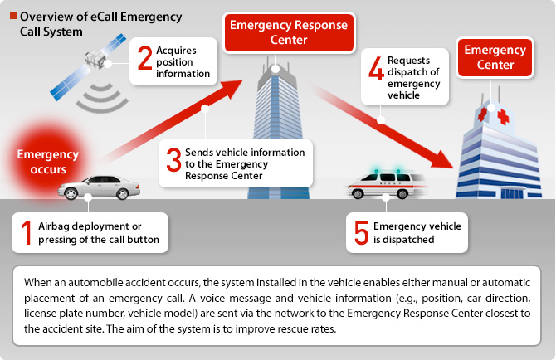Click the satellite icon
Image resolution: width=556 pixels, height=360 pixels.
click(88, 66)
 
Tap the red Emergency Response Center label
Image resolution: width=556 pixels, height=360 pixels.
click(289, 32)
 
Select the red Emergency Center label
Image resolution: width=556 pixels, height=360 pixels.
click(495, 57)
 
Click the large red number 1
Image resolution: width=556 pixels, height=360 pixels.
click(27, 232)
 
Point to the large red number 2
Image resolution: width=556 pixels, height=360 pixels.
click(144, 57)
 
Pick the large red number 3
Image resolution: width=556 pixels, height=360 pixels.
click(173, 159)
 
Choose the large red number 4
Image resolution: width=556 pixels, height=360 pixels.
click(376, 68)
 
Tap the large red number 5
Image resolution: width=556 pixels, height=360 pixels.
click(362, 232)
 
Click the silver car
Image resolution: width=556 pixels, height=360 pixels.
click(99, 187)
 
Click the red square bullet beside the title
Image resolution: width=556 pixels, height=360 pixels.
click(13, 16)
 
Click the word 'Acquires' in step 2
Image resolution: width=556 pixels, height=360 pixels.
click(176, 51)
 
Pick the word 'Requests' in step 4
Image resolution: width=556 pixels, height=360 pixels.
click(408, 61)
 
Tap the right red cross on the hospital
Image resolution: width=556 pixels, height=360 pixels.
click(503, 117)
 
